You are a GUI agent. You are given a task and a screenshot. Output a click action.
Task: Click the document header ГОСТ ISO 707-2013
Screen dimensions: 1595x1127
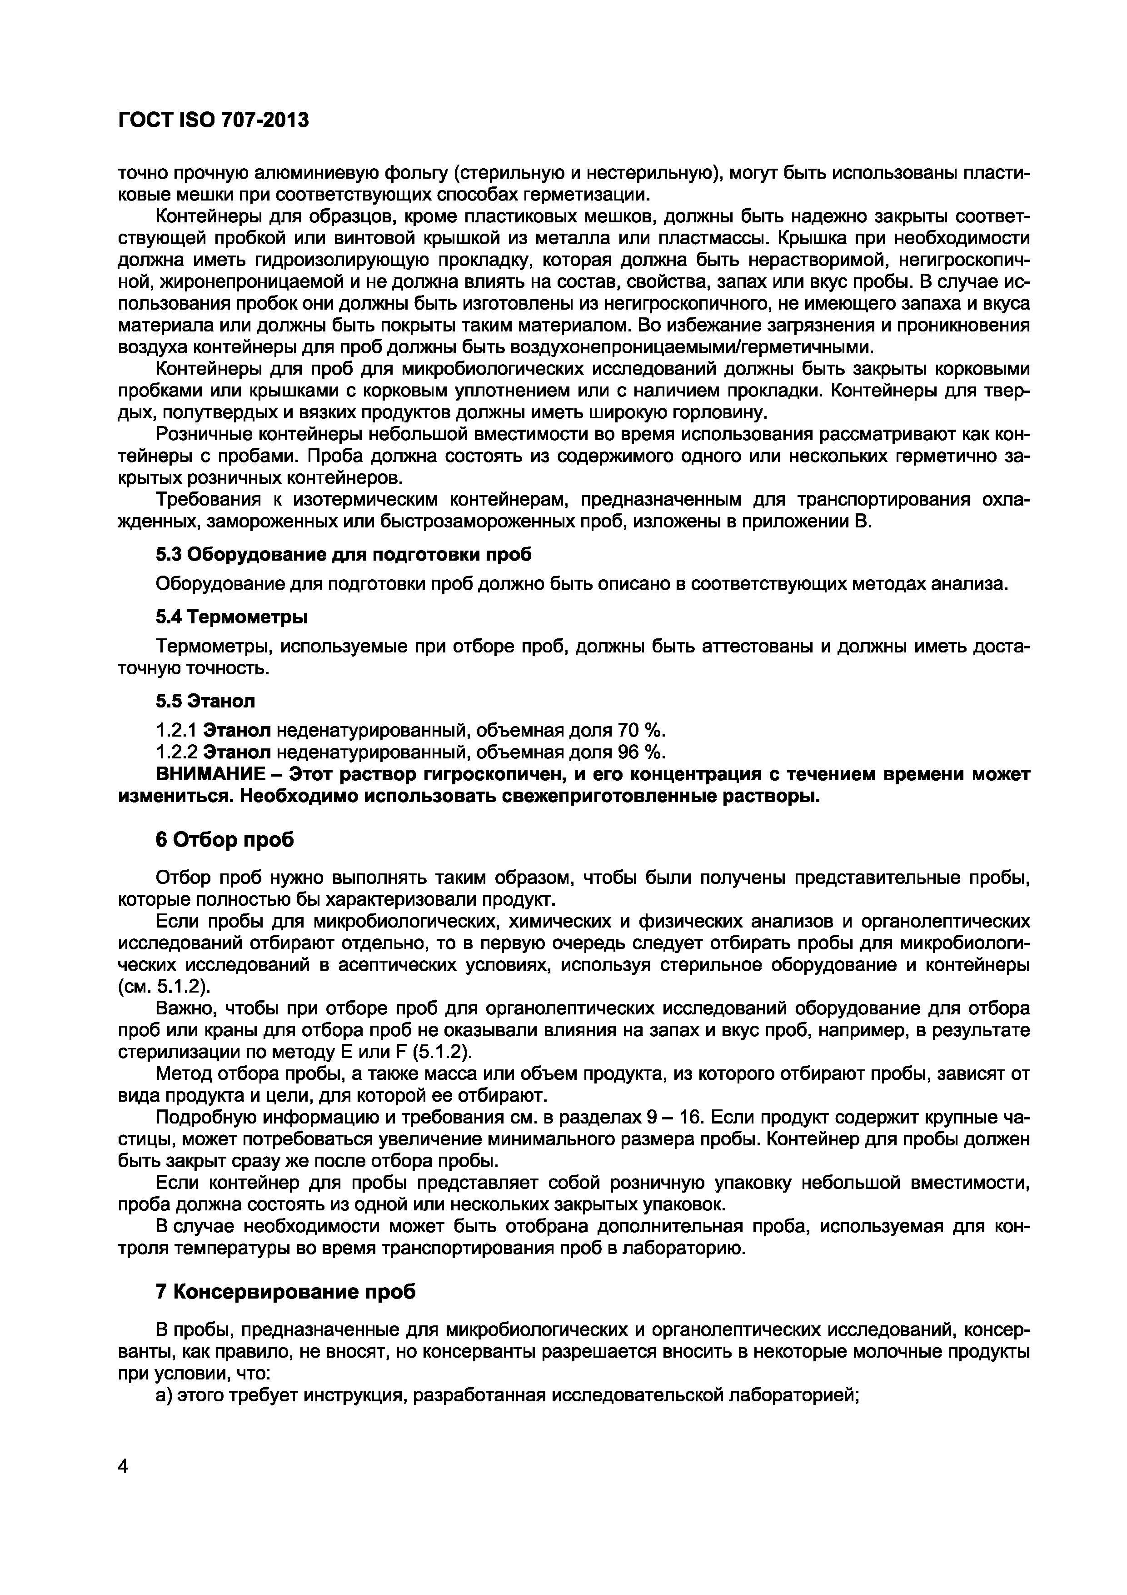coord(213,121)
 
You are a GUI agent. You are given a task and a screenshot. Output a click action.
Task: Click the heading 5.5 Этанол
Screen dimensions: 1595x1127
coord(205,701)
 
